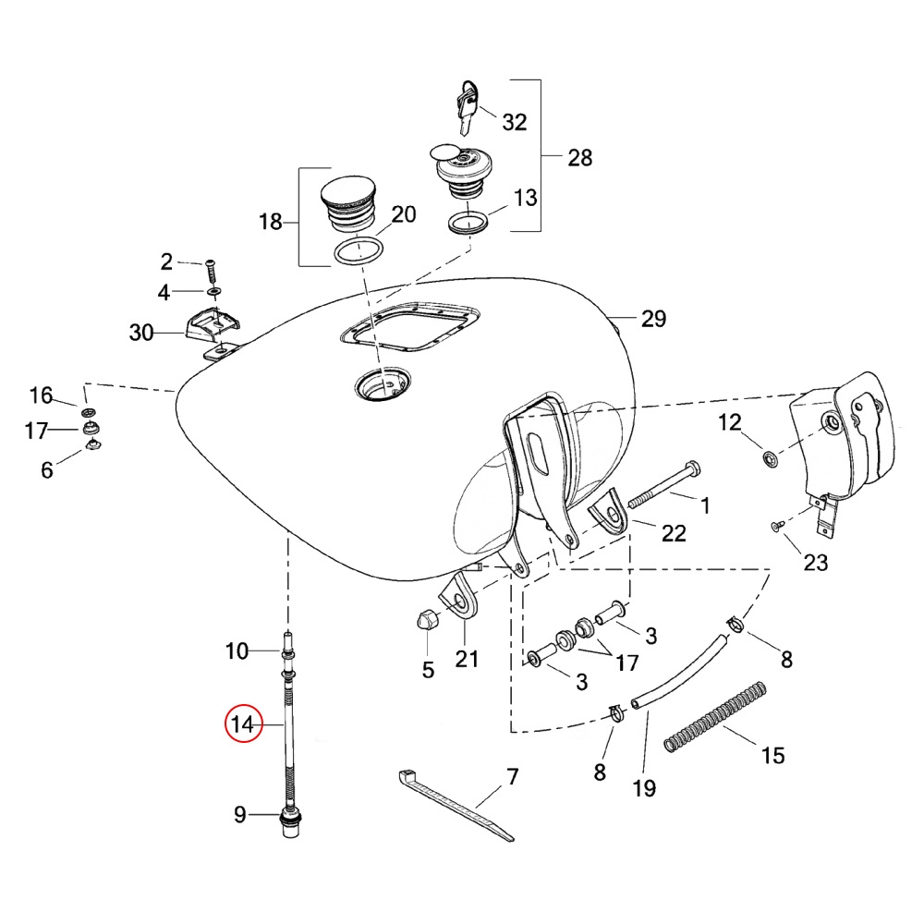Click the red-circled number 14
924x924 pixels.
[243, 723]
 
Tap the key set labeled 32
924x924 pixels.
[468, 107]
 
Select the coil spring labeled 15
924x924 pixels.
[715, 717]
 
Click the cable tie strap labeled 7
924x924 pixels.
[456, 805]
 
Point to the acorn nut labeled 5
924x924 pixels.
[426, 621]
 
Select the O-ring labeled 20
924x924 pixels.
[359, 250]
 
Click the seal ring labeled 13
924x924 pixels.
[468, 223]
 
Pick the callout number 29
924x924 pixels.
[653, 319]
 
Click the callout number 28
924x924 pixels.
[580, 158]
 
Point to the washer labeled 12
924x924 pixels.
[770, 458]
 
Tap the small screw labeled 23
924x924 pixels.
[777, 526]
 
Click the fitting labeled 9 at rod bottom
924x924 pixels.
[291, 822]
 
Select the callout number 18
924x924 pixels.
[271, 222]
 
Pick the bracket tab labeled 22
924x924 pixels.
[609, 512]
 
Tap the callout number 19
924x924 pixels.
[644, 788]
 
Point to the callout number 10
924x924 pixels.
[237, 651]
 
